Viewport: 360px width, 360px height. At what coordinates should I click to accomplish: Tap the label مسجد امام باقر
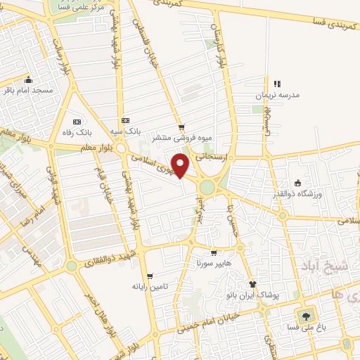[x=29, y=91]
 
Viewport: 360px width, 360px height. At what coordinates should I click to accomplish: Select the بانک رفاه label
[x=77, y=131]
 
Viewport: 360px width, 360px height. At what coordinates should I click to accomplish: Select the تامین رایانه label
[x=150, y=287]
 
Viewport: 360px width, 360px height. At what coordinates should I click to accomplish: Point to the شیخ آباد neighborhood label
[x=326, y=267]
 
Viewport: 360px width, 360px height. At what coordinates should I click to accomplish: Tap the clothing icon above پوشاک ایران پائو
[x=252, y=283]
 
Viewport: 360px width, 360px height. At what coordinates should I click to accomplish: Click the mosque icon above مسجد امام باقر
[x=28, y=79]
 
